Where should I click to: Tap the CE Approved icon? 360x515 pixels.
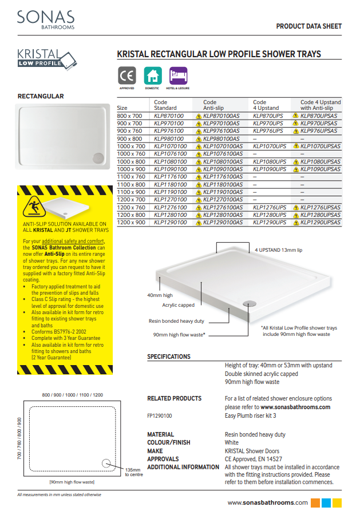126,76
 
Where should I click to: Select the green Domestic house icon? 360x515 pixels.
152,76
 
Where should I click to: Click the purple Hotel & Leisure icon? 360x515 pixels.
178,76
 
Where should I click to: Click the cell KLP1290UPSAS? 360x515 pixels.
319,222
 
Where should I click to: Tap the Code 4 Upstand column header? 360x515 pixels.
266,105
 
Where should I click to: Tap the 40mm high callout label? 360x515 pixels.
160,295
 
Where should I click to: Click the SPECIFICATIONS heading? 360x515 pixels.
169,356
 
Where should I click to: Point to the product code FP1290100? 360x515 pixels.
160,416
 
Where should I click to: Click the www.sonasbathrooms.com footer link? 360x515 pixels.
268,502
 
